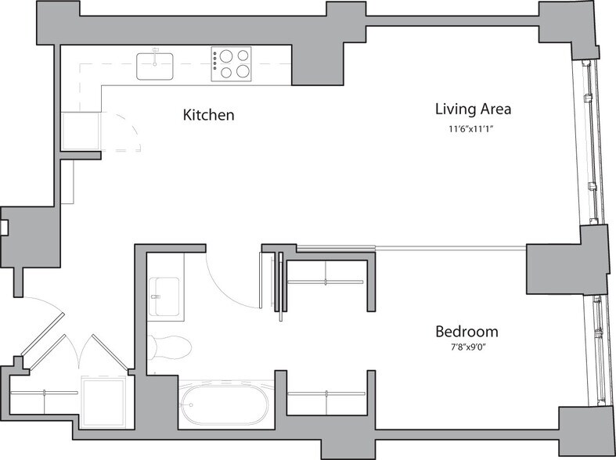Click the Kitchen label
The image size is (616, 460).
[x=209, y=115]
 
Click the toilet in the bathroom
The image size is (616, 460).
[x=170, y=346]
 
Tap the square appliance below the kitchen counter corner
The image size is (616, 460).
[x=81, y=131]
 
